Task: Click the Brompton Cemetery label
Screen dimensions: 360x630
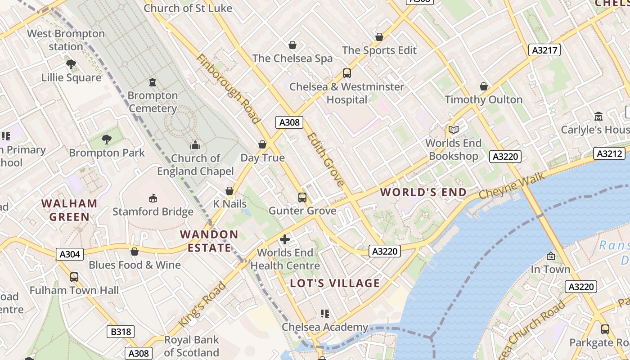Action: point(153,102)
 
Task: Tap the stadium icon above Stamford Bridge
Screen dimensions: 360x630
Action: point(153,198)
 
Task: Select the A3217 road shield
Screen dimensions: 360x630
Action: point(544,50)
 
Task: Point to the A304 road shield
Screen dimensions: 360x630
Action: point(70,255)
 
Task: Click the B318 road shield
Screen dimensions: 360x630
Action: point(121,332)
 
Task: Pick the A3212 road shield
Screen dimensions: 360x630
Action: point(610,154)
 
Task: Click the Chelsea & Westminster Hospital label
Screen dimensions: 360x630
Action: point(347,93)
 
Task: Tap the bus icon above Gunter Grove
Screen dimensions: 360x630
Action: point(302,197)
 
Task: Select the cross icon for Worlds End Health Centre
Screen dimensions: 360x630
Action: point(285,239)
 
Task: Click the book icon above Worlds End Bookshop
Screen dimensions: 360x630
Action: point(454,130)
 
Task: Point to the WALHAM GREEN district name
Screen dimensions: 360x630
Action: point(69,210)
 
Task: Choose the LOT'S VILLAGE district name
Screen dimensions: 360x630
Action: point(335,283)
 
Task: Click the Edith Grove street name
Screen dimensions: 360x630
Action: point(326,159)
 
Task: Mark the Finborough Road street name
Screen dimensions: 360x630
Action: point(228,89)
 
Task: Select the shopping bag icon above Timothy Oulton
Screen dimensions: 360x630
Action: point(484,86)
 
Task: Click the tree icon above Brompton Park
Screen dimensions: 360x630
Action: point(107,139)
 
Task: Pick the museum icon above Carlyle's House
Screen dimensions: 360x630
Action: point(598,117)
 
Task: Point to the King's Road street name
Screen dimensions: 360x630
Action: point(202,305)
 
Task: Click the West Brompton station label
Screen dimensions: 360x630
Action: point(66,40)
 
